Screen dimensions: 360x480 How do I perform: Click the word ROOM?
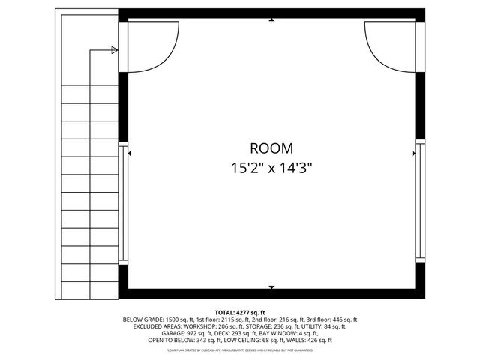coord(271,148)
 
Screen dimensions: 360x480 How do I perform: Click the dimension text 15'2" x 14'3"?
coord(271,169)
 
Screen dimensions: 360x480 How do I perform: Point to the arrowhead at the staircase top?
coord(114,50)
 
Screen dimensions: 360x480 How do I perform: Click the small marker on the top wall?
coord(271,21)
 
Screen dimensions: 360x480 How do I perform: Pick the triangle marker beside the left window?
coord(130,153)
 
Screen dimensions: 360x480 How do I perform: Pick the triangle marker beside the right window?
coord(414,153)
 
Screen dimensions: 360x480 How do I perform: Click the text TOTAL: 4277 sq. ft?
coord(240,312)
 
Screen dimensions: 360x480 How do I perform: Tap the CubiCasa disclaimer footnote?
coord(240,349)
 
